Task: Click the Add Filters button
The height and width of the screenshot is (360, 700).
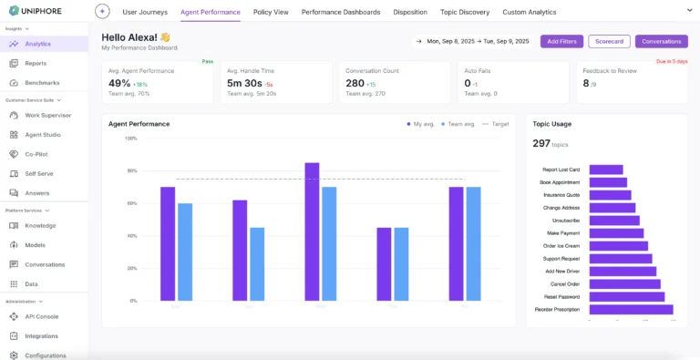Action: point(561,41)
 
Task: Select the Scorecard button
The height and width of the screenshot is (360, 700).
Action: point(609,41)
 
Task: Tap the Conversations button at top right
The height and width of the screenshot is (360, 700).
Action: point(661,41)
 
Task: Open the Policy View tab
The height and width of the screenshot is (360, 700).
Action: point(271,13)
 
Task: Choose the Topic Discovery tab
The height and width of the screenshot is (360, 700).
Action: point(465,13)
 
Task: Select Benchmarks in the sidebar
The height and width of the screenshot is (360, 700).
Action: point(42,83)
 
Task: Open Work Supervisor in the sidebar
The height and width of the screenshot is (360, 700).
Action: point(48,115)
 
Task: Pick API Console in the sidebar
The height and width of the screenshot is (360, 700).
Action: point(41,316)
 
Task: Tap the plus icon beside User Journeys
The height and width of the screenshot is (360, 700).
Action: point(102,12)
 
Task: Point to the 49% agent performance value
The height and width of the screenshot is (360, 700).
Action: point(119,83)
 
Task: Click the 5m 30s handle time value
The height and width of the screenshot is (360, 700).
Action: point(244,83)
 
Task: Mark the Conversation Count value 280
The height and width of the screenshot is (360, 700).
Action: point(355,83)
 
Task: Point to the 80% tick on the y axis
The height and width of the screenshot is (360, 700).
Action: point(131,171)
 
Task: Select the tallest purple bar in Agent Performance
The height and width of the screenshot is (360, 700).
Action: point(312,231)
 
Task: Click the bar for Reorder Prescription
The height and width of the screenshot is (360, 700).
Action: point(631,310)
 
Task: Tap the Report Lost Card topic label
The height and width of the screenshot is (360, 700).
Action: point(561,170)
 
